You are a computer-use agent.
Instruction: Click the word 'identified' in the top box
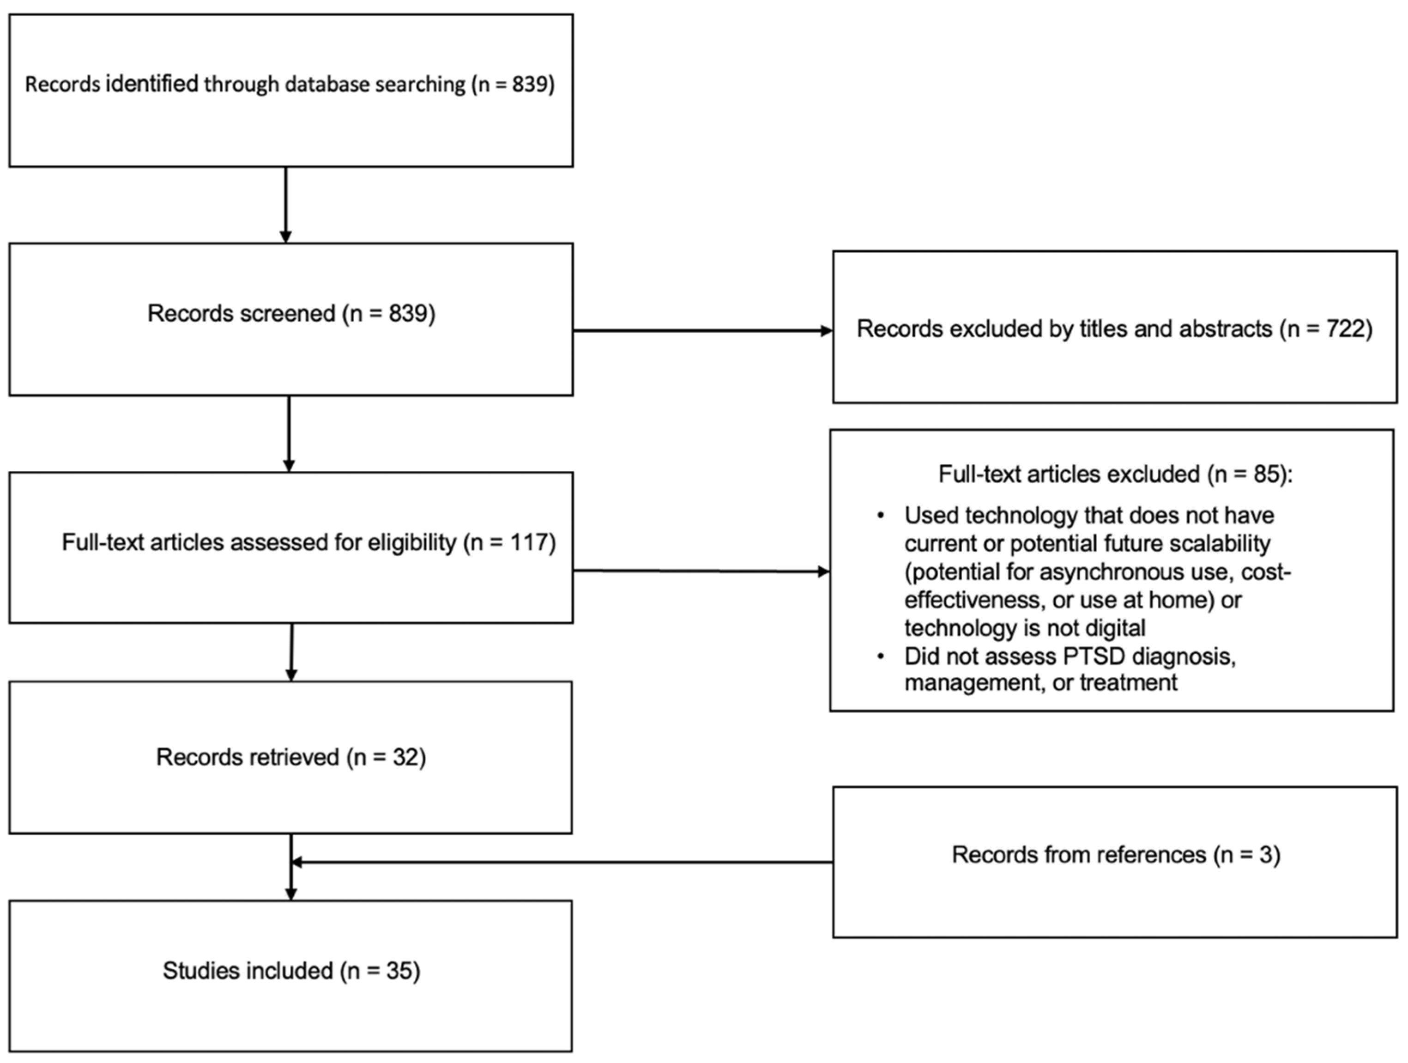coord(151,84)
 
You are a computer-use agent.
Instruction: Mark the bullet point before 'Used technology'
coord(881,515)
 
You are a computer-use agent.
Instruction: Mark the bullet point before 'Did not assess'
coord(881,656)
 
